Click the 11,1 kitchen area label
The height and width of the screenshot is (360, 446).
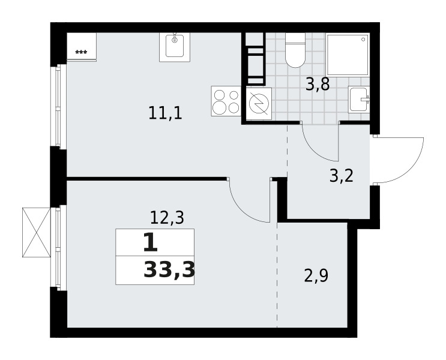pyautogui.click(x=165, y=113)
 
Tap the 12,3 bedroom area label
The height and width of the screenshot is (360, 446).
pyautogui.click(x=167, y=218)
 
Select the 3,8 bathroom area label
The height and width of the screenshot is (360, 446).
pyautogui.click(x=318, y=84)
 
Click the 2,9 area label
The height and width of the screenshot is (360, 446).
pyautogui.click(x=316, y=275)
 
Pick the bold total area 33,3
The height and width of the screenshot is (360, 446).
pyautogui.click(x=169, y=270)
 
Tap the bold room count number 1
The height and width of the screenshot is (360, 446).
pyautogui.click(x=150, y=242)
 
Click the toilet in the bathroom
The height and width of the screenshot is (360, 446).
pyautogui.click(x=295, y=50)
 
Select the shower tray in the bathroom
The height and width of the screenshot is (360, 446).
pyautogui.click(x=348, y=55)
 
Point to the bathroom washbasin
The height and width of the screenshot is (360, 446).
pyautogui.click(x=359, y=99)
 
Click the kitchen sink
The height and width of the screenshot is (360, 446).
pyautogui.click(x=175, y=47)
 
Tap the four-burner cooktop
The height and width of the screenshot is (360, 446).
pyautogui.click(x=226, y=101)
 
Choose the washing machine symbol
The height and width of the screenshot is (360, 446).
pyautogui.click(x=259, y=104)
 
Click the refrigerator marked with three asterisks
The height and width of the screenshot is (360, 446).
pyautogui.click(x=82, y=47)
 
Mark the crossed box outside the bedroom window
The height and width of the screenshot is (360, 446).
pyautogui.click(x=37, y=233)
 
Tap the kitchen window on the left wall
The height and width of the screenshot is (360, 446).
pyautogui.click(x=59, y=106)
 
